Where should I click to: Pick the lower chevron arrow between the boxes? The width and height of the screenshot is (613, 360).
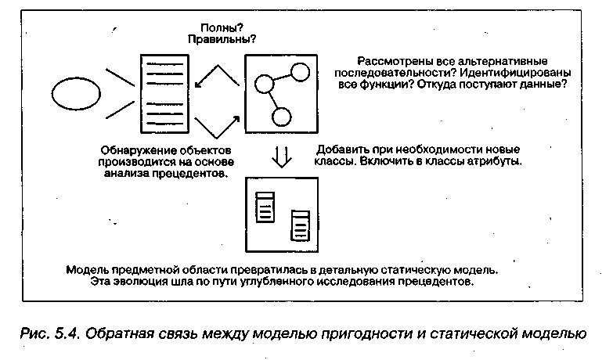pyautogui.click(x=215, y=124)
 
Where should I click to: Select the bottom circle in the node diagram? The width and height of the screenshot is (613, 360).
pyautogui.click(x=280, y=117)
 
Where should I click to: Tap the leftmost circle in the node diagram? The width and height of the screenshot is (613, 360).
pyautogui.click(x=264, y=84)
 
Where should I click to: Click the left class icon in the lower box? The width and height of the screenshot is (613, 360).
pyautogui.click(x=266, y=207)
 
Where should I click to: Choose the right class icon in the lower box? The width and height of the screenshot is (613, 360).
pyautogui.click(x=298, y=224)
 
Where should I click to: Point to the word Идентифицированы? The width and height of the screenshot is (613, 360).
pyautogui.click(x=516, y=73)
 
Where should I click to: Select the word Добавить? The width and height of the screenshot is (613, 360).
pyautogui.click(x=342, y=149)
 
